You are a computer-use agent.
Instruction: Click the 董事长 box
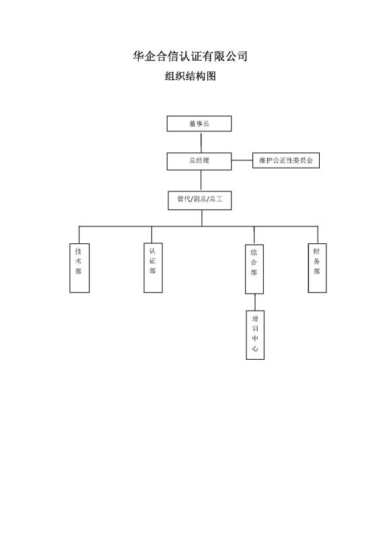pyautogui.click(x=199, y=123)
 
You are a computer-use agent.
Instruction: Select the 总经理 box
pyautogui.click(x=199, y=161)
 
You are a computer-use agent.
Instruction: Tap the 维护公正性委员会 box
pyautogui.click(x=286, y=160)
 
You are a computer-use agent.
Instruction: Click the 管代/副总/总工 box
pyautogui.click(x=200, y=200)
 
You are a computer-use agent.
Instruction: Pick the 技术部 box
pyautogui.click(x=79, y=268)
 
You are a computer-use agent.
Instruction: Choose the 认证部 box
pyautogui.click(x=153, y=267)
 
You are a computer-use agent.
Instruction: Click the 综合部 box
pyautogui.click(x=254, y=269)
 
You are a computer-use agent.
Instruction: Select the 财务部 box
pyautogui.click(x=317, y=268)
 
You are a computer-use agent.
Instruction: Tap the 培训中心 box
pyautogui.click(x=255, y=335)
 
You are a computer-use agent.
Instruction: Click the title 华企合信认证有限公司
pyautogui.click(x=190, y=56)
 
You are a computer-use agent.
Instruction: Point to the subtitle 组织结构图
pyautogui.click(x=190, y=76)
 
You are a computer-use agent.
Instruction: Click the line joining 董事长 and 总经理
pyautogui.click(x=201, y=142)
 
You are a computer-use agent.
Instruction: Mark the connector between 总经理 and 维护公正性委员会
pyautogui.click(x=242, y=160)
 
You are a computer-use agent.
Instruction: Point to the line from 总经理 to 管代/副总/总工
pyautogui.click(x=201, y=181)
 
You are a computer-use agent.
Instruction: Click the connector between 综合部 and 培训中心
pyautogui.click(x=255, y=302)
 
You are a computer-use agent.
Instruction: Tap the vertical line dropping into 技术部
pyautogui.click(x=79, y=235)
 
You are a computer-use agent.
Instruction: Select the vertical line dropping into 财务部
pyautogui.click(x=318, y=235)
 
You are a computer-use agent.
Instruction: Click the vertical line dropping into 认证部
pyautogui.click(x=151, y=234)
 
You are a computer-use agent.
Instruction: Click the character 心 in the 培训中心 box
pyautogui.click(x=255, y=348)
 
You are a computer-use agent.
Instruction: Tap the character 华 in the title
pyautogui.click(x=139, y=56)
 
